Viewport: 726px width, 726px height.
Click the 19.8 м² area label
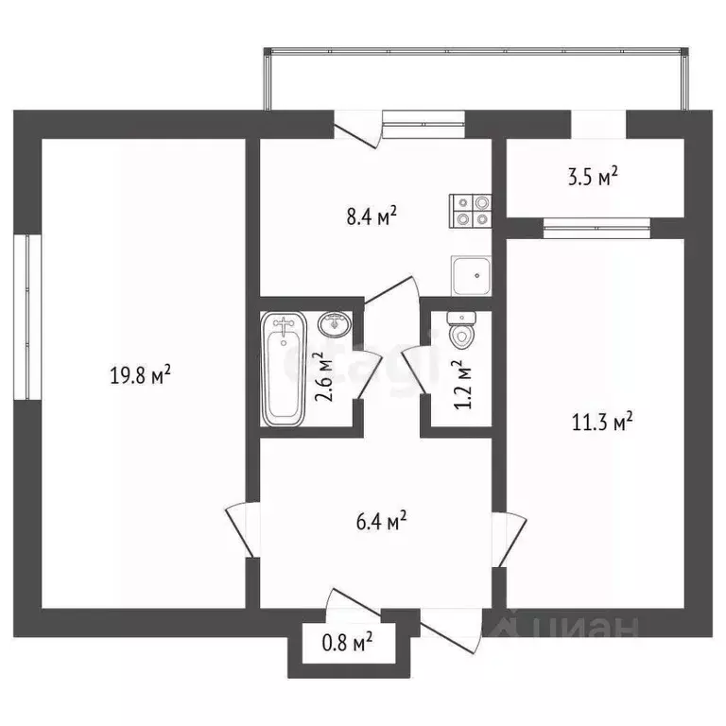(x=140, y=376)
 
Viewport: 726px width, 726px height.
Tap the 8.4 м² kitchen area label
(x=372, y=216)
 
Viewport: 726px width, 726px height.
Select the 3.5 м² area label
(x=595, y=177)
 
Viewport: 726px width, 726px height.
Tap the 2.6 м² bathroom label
(x=325, y=375)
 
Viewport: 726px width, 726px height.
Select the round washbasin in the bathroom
(x=334, y=325)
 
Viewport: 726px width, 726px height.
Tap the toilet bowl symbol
(x=462, y=332)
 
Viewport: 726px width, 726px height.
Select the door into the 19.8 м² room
(x=242, y=529)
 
